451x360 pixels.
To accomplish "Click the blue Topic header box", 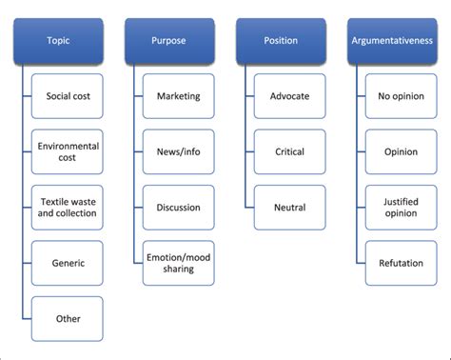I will pos(58,41).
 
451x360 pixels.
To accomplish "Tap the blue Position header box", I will pos(282,41).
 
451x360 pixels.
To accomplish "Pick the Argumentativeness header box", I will pos(393,41).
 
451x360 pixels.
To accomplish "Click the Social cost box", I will pos(68,96).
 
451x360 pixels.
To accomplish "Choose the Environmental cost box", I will pos(68,151).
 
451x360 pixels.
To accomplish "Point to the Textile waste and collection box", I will pos(68,208).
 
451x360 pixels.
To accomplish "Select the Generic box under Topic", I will pos(68,263).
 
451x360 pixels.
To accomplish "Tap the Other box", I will pos(68,318).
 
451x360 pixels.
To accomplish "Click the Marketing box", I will pos(179,96).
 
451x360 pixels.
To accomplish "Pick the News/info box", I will pos(179,151).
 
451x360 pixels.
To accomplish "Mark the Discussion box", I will pos(179,208).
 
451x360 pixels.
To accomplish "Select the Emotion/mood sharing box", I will pos(179,263).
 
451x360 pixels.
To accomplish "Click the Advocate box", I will pos(290,96).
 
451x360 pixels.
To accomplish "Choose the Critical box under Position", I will pos(290,151).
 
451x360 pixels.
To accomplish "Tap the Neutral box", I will pos(290,208).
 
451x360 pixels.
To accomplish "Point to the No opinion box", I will pos(402,96).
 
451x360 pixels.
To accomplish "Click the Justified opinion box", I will pos(402,208).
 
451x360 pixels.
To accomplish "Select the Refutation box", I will pos(402,263).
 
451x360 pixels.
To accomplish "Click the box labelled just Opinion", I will pos(402,151).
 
